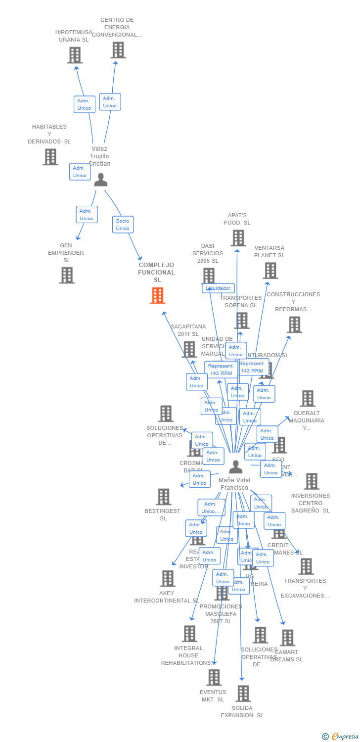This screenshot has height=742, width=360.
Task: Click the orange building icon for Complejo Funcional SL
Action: [157, 295]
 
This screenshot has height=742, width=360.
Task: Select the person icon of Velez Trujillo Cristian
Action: [101, 180]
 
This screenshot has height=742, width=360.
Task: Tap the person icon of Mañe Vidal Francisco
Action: [236, 466]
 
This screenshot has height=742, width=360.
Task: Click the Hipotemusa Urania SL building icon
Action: [75, 55]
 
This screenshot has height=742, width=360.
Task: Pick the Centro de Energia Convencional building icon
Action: [118, 50]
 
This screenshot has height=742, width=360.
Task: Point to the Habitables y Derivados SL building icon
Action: [50, 157]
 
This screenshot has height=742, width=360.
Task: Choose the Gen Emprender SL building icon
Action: [67, 275]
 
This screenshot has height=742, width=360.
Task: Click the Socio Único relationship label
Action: [123, 225]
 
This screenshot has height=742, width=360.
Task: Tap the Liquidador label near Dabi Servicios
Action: [218, 288]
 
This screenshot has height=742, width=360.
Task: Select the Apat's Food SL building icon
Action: [238, 238]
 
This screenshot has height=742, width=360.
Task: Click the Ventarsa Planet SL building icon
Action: [270, 271]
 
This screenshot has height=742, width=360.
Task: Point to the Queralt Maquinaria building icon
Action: [308, 398]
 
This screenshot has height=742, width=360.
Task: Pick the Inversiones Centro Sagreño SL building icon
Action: [312, 481]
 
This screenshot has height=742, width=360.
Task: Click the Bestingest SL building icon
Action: [163, 497]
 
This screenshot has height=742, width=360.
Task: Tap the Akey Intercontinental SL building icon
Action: [168, 578]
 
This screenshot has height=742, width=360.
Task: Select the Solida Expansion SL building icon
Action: [243, 694]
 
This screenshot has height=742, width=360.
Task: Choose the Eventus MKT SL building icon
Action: [214, 677]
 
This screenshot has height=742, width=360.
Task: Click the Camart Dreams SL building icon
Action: [287, 638]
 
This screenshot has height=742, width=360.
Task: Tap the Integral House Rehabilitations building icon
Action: [189, 634]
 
